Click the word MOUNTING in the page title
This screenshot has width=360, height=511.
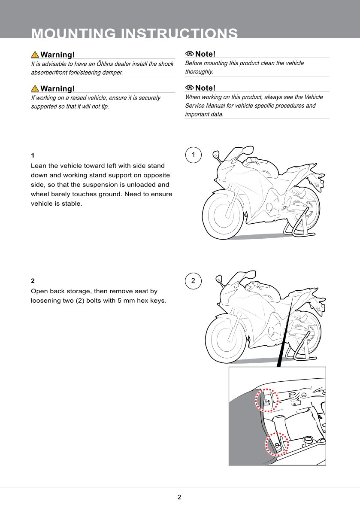click(73, 33)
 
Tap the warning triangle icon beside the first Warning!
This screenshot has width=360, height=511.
click(35, 55)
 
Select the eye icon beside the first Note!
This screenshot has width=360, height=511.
click(189, 54)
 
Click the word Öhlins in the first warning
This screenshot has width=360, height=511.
click(106, 64)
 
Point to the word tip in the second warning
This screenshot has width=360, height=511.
click(105, 106)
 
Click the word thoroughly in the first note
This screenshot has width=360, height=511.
click(199, 72)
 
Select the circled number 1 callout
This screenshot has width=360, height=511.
click(194, 155)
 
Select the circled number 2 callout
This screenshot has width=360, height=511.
click(194, 280)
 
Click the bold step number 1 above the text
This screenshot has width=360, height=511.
click(33, 155)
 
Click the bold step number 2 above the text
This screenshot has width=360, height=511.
click(33, 280)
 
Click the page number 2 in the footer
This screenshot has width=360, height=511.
click(179, 497)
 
